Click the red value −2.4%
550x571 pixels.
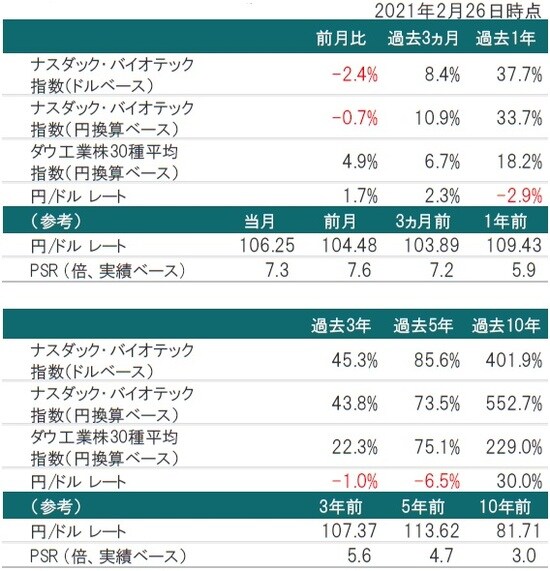pos(354,73)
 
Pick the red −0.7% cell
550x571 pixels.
pos(354,118)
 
